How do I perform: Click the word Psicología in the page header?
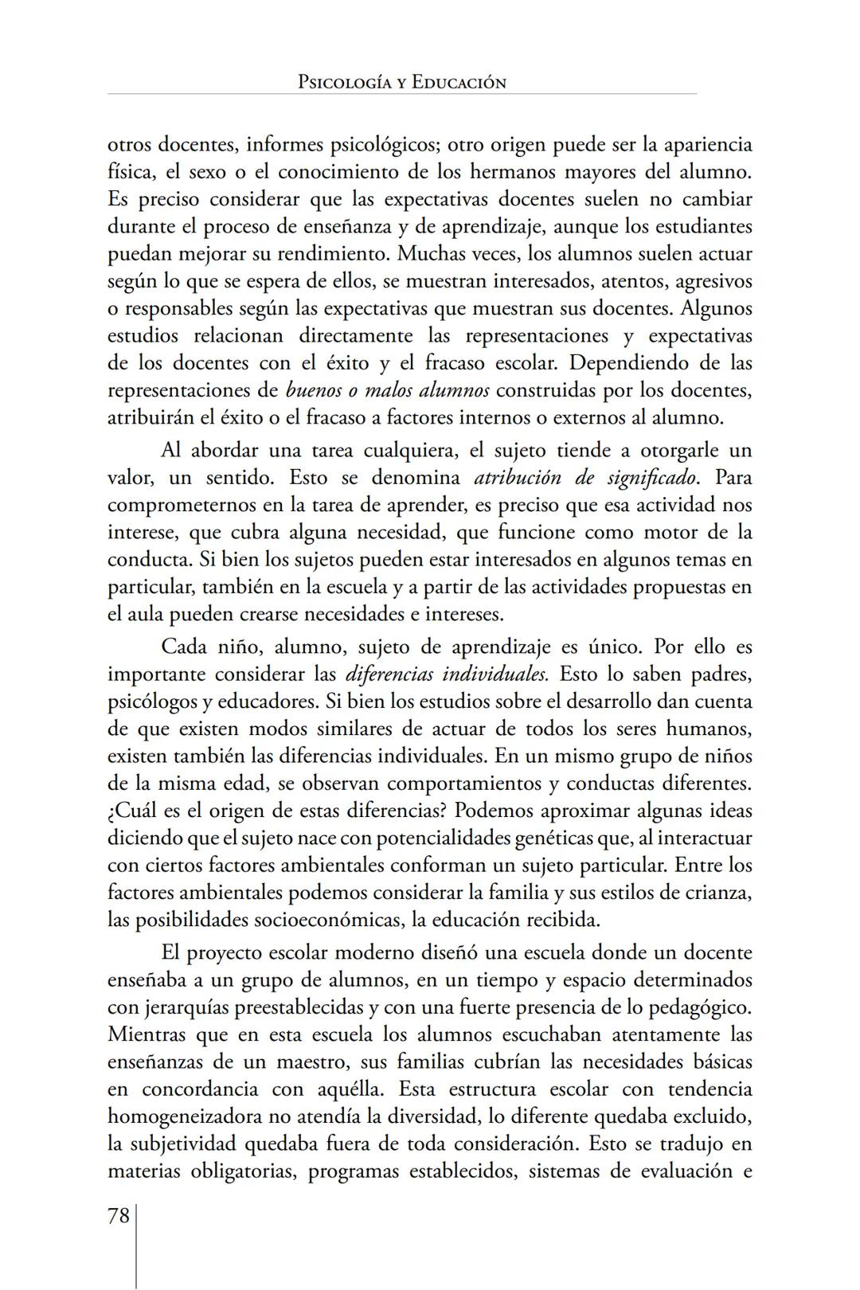[344, 82]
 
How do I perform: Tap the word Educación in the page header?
[459, 82]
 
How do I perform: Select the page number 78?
[119, 1216]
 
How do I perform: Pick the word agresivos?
[709, 281]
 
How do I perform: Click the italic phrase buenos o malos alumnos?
[388, 390]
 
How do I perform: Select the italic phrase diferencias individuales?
[447, 674]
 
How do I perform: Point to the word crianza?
[721, 892]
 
